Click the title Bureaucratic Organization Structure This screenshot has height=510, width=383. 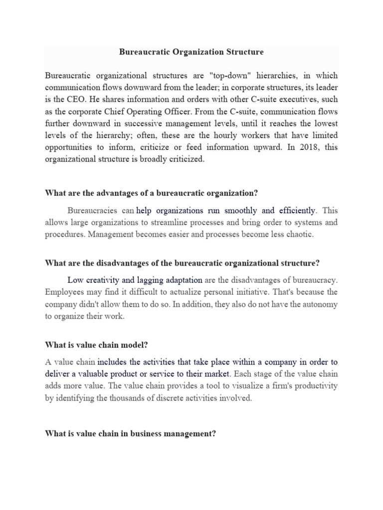point(191,52)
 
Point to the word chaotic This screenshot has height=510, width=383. point(298,234)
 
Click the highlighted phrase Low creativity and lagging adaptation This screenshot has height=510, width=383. point(135,280)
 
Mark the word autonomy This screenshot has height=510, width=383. point(319,304)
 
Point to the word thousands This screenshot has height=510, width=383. point(133,398)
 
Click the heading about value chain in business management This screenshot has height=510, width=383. point(131,434)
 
